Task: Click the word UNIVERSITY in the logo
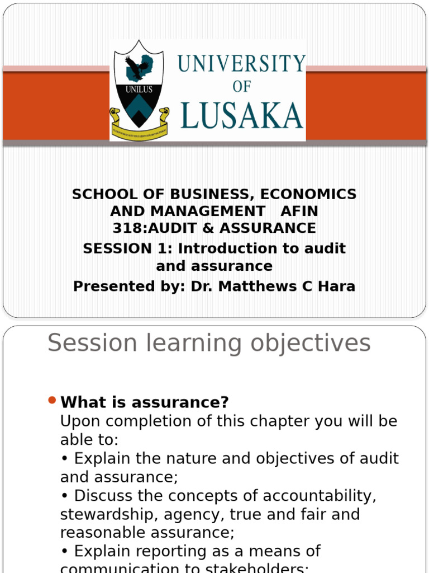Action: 241,63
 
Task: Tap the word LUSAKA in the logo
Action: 241,116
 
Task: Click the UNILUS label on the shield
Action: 139,89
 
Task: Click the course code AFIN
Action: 299,212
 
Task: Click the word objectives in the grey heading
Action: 310,343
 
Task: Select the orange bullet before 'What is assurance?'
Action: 52,400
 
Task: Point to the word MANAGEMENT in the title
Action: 188,212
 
